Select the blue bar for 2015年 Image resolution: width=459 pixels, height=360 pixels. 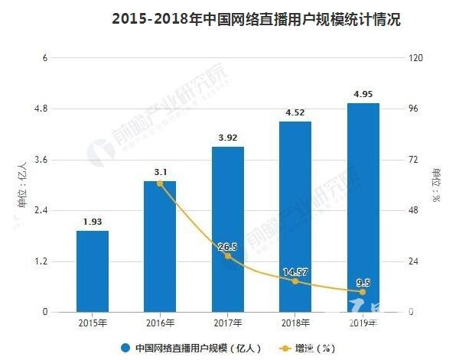[x=93, y=271]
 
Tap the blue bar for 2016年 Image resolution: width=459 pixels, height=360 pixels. [x=160, y=246]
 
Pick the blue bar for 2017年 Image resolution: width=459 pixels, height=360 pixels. [x=227, y=229]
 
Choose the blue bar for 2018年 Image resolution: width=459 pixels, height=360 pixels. [x=295, y=216]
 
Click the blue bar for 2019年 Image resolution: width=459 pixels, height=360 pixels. [x=363, y=207]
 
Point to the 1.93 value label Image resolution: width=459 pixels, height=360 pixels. [x=93, y=222]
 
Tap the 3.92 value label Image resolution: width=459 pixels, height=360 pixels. [x=227, y=138]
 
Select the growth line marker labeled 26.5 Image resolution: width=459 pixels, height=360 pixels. [x=227, y=255]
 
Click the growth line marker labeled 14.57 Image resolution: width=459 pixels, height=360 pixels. [x=295, y=281]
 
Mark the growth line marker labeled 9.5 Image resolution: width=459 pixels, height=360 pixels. [x=363, y=292]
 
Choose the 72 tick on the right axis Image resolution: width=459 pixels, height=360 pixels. [x=414, y=160]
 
